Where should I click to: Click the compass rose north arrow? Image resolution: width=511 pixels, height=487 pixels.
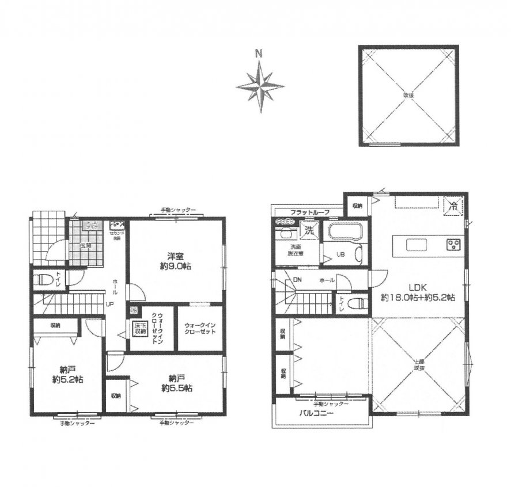[x=260, y=85]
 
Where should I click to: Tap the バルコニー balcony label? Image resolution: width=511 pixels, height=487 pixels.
[x=313, y=413]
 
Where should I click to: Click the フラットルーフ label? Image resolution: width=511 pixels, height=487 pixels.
[x=310, y=212]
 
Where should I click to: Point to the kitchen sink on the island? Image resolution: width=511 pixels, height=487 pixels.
[x=416, y=245]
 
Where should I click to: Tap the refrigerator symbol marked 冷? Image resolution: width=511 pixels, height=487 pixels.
[x=453, y=204]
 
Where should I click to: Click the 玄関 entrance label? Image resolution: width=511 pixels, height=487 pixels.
[x=85, y=245]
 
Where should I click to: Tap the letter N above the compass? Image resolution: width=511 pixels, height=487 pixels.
[x=259, y=55]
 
